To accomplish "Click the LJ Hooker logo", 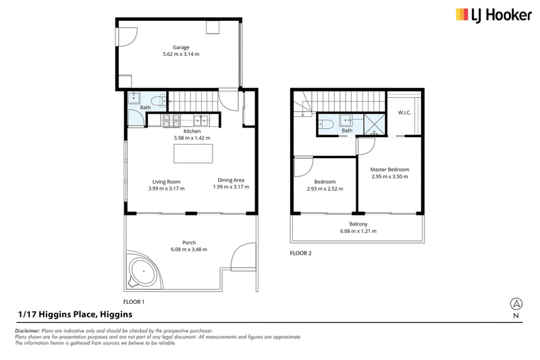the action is point(493,15).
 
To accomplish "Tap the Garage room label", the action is point(181,47).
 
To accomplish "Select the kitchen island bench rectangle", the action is point(193,153).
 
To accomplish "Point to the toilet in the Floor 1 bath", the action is point(159,101).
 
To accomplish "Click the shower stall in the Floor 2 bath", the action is point(375,124).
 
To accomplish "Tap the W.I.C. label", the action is point(404,112).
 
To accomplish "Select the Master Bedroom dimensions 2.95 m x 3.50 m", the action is point(389,176).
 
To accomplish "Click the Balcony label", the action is point(358,224).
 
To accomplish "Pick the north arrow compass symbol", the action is point(516,304).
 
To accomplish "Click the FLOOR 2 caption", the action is point(300,253).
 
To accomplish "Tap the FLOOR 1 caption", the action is point(134,302).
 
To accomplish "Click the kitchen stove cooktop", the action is point(171,121).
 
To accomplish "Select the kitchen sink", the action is point(200,120).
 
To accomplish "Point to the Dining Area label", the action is point(231,180).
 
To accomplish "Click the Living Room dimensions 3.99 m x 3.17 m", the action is point(166,188).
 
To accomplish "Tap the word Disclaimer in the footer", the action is point(28,331).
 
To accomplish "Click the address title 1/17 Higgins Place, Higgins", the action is point(76,314).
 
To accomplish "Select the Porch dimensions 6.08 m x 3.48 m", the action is point(189,249).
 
